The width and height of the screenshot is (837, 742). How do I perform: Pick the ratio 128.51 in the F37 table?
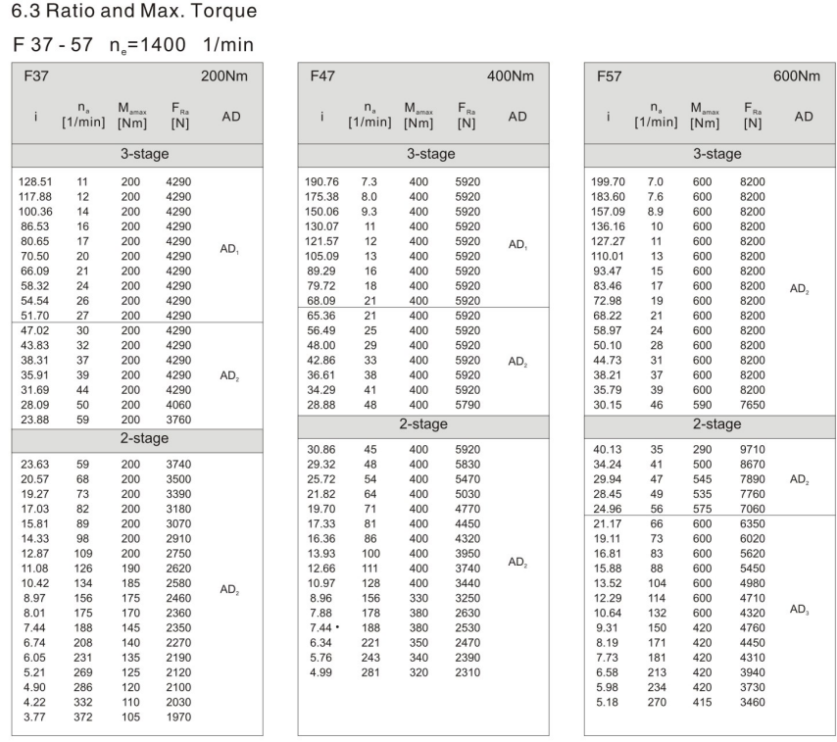[38, 183]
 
